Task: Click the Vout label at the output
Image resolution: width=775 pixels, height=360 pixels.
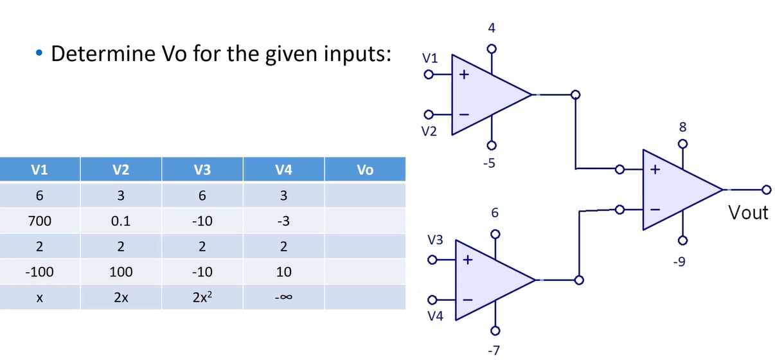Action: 749,213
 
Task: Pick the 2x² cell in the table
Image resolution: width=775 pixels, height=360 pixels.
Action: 202,297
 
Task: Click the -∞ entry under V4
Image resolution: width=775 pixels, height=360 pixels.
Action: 283,297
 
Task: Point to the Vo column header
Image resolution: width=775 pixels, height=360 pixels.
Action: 364,170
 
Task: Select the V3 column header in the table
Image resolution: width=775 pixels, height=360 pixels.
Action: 202,170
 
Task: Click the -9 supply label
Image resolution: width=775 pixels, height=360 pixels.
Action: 682,262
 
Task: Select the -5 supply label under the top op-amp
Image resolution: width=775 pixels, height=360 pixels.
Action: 489,163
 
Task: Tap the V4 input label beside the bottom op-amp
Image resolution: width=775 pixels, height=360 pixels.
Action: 435,316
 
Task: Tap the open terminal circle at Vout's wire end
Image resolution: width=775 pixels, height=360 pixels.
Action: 765,190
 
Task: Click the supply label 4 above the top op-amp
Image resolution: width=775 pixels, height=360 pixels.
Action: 491,29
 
